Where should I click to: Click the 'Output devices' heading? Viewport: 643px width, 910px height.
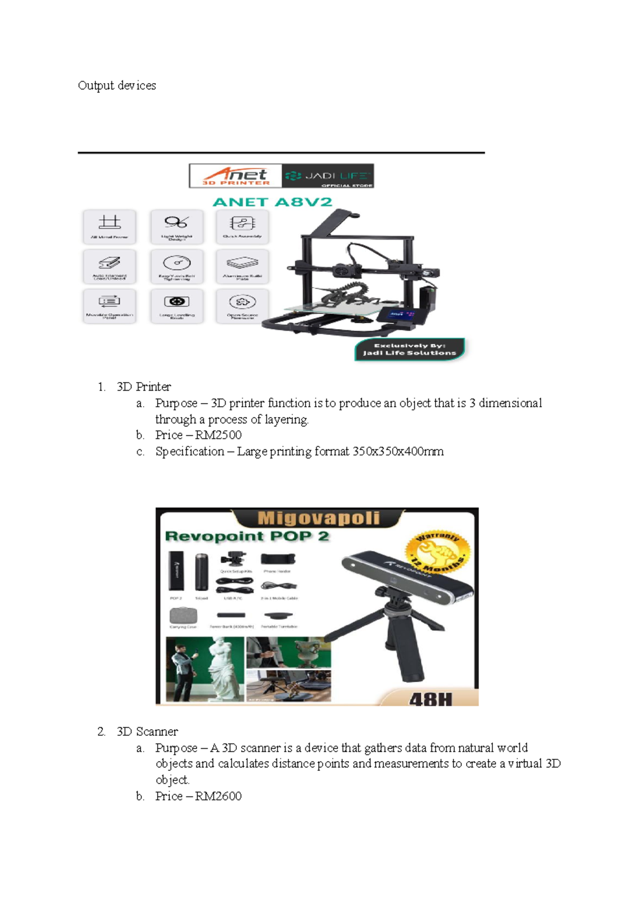click(117, 86)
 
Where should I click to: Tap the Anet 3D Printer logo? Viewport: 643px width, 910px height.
click(236, 176)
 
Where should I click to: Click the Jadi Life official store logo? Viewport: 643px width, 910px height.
click(327, 176)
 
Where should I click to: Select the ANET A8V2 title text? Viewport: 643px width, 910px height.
click(272, 202)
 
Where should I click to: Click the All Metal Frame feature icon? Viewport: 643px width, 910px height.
click(109, 226)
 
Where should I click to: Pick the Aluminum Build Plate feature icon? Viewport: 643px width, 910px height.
click(242, 266)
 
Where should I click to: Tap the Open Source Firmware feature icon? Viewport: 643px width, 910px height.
click(242, 305)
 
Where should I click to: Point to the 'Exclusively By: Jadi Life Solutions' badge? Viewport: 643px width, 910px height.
click(409, 349)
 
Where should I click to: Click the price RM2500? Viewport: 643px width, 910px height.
click(218, 435)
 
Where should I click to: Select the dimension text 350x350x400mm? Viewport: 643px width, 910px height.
click(398, 452)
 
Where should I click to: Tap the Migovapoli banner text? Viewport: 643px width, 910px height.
click(318, 518)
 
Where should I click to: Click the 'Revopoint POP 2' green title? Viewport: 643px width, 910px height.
click(247, 536)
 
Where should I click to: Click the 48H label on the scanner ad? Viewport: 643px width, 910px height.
click(431, 699)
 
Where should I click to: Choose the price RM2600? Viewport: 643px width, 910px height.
click(218, 796)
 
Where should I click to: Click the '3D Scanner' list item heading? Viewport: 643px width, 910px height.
click(147, 732)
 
